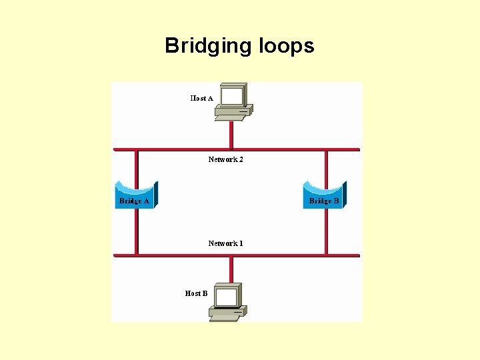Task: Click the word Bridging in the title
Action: point(205,46)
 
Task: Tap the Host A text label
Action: point(201,98)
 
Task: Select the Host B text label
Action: point(196,293)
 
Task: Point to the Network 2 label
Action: point(225,159)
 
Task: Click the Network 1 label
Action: point(225,243)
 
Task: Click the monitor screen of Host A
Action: point(231,97)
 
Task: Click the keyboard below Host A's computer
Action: point(229,118)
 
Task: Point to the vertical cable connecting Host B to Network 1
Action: point(231,269)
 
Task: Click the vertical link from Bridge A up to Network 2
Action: point(136,167)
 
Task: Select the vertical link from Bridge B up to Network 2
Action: point(326,167)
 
